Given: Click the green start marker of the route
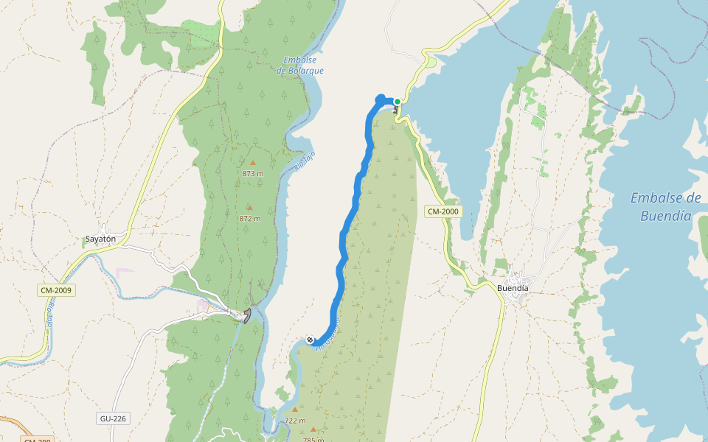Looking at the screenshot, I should (397, 102).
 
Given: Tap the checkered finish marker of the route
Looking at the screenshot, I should (310, 340).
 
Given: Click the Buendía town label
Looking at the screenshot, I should (513, 288).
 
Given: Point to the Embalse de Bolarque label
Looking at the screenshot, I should (300, 66).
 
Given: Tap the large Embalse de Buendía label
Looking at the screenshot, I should (665, 207).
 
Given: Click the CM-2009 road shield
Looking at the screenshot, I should (56, 290).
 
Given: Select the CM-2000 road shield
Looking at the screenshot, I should (442, 211).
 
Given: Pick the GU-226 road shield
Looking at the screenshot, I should (113, 418).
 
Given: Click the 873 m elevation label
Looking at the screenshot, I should (253, 173).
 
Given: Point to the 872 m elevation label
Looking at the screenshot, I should (250, 219).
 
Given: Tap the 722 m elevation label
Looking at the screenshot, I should (295, 421).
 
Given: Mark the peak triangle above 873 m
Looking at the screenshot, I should (253, 163).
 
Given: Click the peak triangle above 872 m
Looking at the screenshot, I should (249, 208).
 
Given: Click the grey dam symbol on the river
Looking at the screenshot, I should (247, 315).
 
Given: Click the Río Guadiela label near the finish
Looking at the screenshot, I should (329, 334).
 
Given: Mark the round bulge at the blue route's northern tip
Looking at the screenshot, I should (381, 99).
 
